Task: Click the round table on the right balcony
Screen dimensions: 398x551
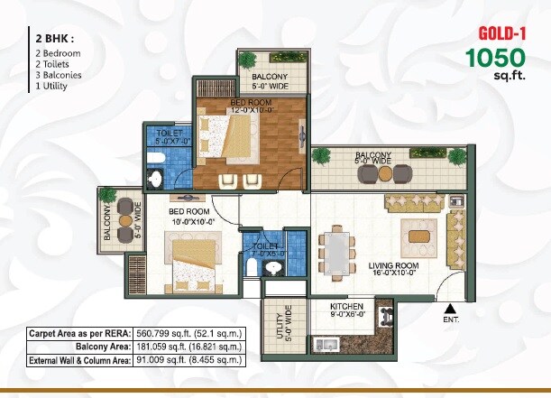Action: click(x=385, y=171)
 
